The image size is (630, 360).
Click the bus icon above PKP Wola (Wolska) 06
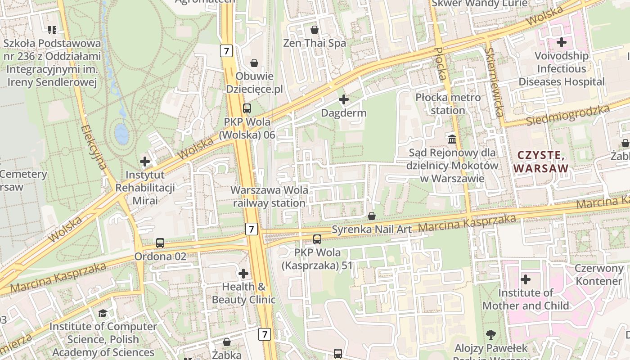coord(247,108)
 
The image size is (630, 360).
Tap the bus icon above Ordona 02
coord(160,243)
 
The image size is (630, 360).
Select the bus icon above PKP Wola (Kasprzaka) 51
coord(317,239)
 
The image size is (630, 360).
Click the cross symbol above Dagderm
coord(344,99)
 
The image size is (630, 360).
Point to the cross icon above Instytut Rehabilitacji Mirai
coord(145,161)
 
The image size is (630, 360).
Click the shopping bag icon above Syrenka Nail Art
coord(372,216)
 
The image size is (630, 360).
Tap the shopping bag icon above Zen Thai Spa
coord(315,30)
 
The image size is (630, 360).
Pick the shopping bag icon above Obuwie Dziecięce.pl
coord(254,63)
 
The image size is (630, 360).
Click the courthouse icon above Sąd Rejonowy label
coord(452,139)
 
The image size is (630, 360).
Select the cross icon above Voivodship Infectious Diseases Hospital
coord(562,42)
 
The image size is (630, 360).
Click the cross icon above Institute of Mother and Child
coord(525,279)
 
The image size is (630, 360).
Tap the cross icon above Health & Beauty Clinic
coord(243,273)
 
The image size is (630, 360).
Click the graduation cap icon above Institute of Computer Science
coord(103,313)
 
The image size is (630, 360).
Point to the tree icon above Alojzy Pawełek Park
coord(490,335)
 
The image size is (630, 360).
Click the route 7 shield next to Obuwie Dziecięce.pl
coord(226,51)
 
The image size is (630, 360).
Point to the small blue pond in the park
coord(121,134)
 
